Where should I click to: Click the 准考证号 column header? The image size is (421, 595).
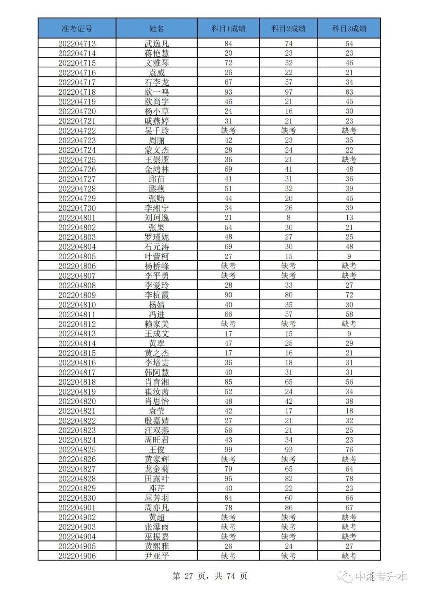[x=77, y=28]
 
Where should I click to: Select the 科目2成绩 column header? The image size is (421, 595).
[x=288, y=28]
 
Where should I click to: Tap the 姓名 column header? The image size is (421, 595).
[x=156, y=28]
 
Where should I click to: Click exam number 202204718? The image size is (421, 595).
[x=77, y=92]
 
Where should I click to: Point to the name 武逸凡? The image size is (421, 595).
[x=156, y=44]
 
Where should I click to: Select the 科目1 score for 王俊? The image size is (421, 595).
[x=228, y=449]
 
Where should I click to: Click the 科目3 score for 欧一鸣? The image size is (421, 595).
[x=349, y=92]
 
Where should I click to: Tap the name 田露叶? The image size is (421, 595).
[x=156, y=478]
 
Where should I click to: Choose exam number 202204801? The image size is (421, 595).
[x=77, y=218]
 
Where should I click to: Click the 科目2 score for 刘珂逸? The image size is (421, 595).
[x=288, y=218]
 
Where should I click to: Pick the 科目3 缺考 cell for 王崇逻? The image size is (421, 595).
[x=349, y=160]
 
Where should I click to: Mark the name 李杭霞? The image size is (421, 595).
[x=156, y=295]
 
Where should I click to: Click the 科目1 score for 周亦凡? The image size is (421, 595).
[x=228, y=507]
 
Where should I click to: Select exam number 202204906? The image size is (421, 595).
[x=77, y=556]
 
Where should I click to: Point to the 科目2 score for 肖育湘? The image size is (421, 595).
[x=288, y=382]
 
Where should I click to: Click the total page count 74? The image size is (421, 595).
[x=231, y=576]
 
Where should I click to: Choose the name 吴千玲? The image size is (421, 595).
[x=156, y=131]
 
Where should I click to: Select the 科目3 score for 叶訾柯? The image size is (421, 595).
[x=349, y=256]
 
